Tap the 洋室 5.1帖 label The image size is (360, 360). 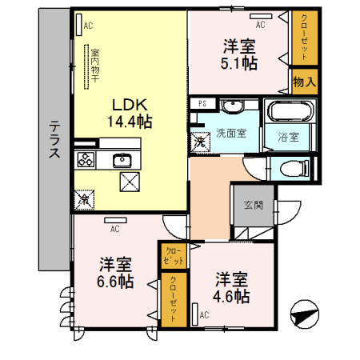(238, 54)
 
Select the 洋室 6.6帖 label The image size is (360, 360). (115, 274)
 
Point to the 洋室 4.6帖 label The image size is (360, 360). (232, 288)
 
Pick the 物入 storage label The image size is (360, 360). (305, 82)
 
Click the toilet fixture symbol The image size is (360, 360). (292, 168)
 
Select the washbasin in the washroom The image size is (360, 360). (234, 106)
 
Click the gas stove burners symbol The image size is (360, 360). (86, 159)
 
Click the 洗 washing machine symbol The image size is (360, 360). (198, 142)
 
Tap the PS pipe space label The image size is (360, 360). (202, 102)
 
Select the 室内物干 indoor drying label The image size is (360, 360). (94, 64)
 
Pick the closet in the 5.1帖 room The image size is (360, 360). (303, 37)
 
